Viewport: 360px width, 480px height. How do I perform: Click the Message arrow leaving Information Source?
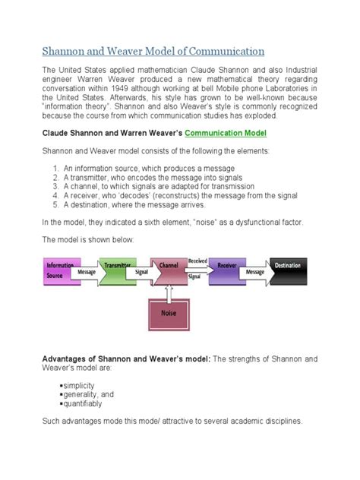87,272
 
